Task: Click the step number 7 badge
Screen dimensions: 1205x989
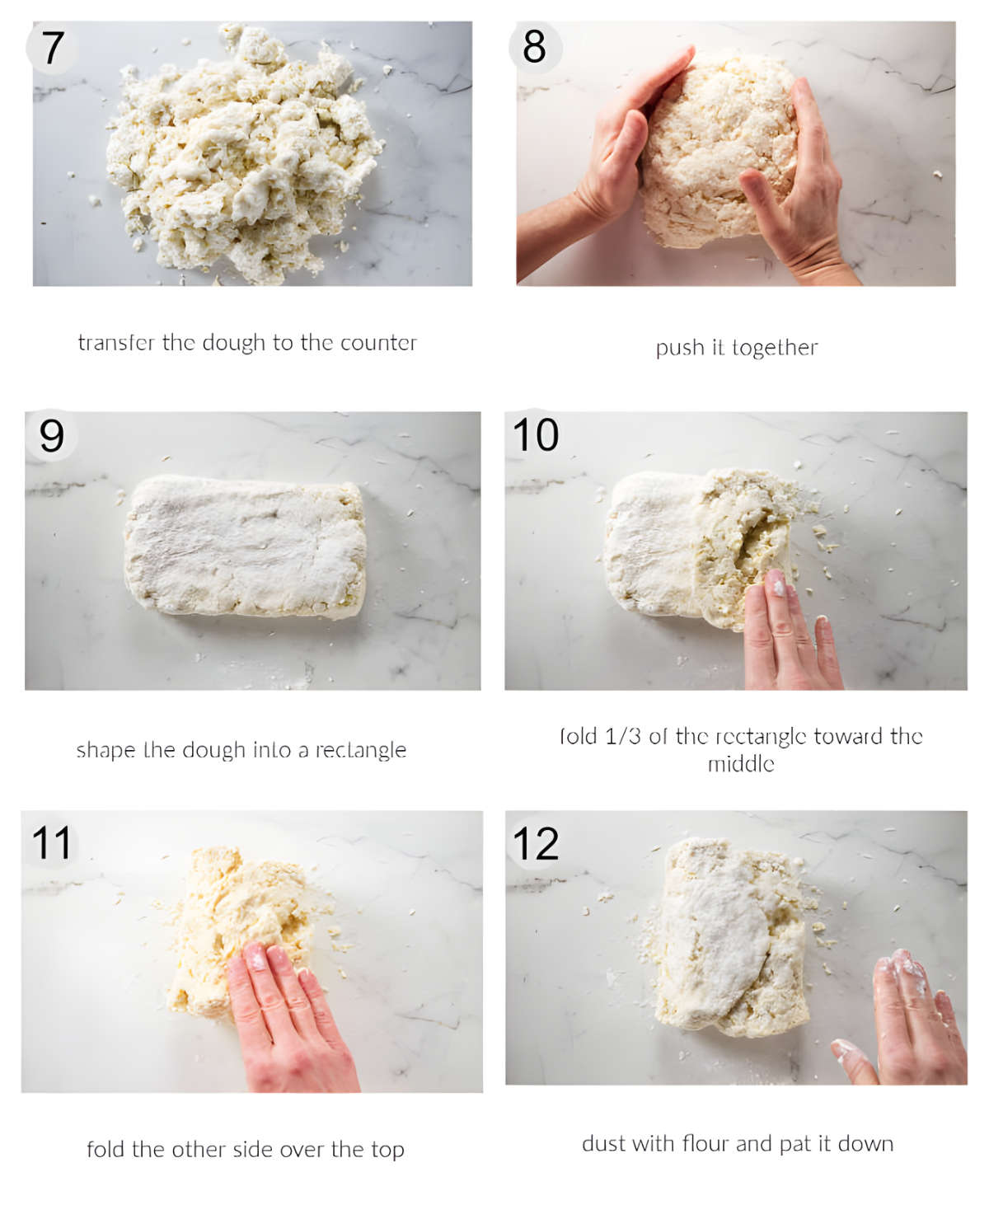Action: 52,48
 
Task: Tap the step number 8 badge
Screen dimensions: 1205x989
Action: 535,46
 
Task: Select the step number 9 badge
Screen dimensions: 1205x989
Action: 51,435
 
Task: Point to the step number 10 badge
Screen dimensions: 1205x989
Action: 536,434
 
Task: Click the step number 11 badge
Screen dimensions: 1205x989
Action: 51,842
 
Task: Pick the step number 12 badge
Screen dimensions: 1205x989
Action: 536,843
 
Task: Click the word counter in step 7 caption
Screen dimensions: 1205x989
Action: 378,343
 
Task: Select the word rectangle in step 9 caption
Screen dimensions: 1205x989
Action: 361,750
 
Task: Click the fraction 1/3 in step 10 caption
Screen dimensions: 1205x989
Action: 623,736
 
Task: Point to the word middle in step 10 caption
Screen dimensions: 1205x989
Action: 741,764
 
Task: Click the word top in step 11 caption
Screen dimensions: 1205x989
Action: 387,1149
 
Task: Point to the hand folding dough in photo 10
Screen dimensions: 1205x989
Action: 787,635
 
